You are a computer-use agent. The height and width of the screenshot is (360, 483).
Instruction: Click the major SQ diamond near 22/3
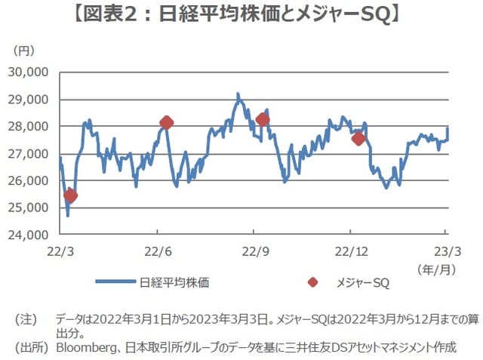tap(70, 196)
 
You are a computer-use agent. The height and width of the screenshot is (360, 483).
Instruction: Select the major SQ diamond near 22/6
tap(167, 122)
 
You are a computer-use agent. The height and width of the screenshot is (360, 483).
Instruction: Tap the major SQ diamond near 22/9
tap(263, 119)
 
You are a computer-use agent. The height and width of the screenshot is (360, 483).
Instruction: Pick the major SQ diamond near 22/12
tap(358, 138)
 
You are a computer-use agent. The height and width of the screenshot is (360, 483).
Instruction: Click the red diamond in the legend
tap(312, 282)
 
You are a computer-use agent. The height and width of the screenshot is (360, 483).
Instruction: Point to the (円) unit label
tap(24, 51)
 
